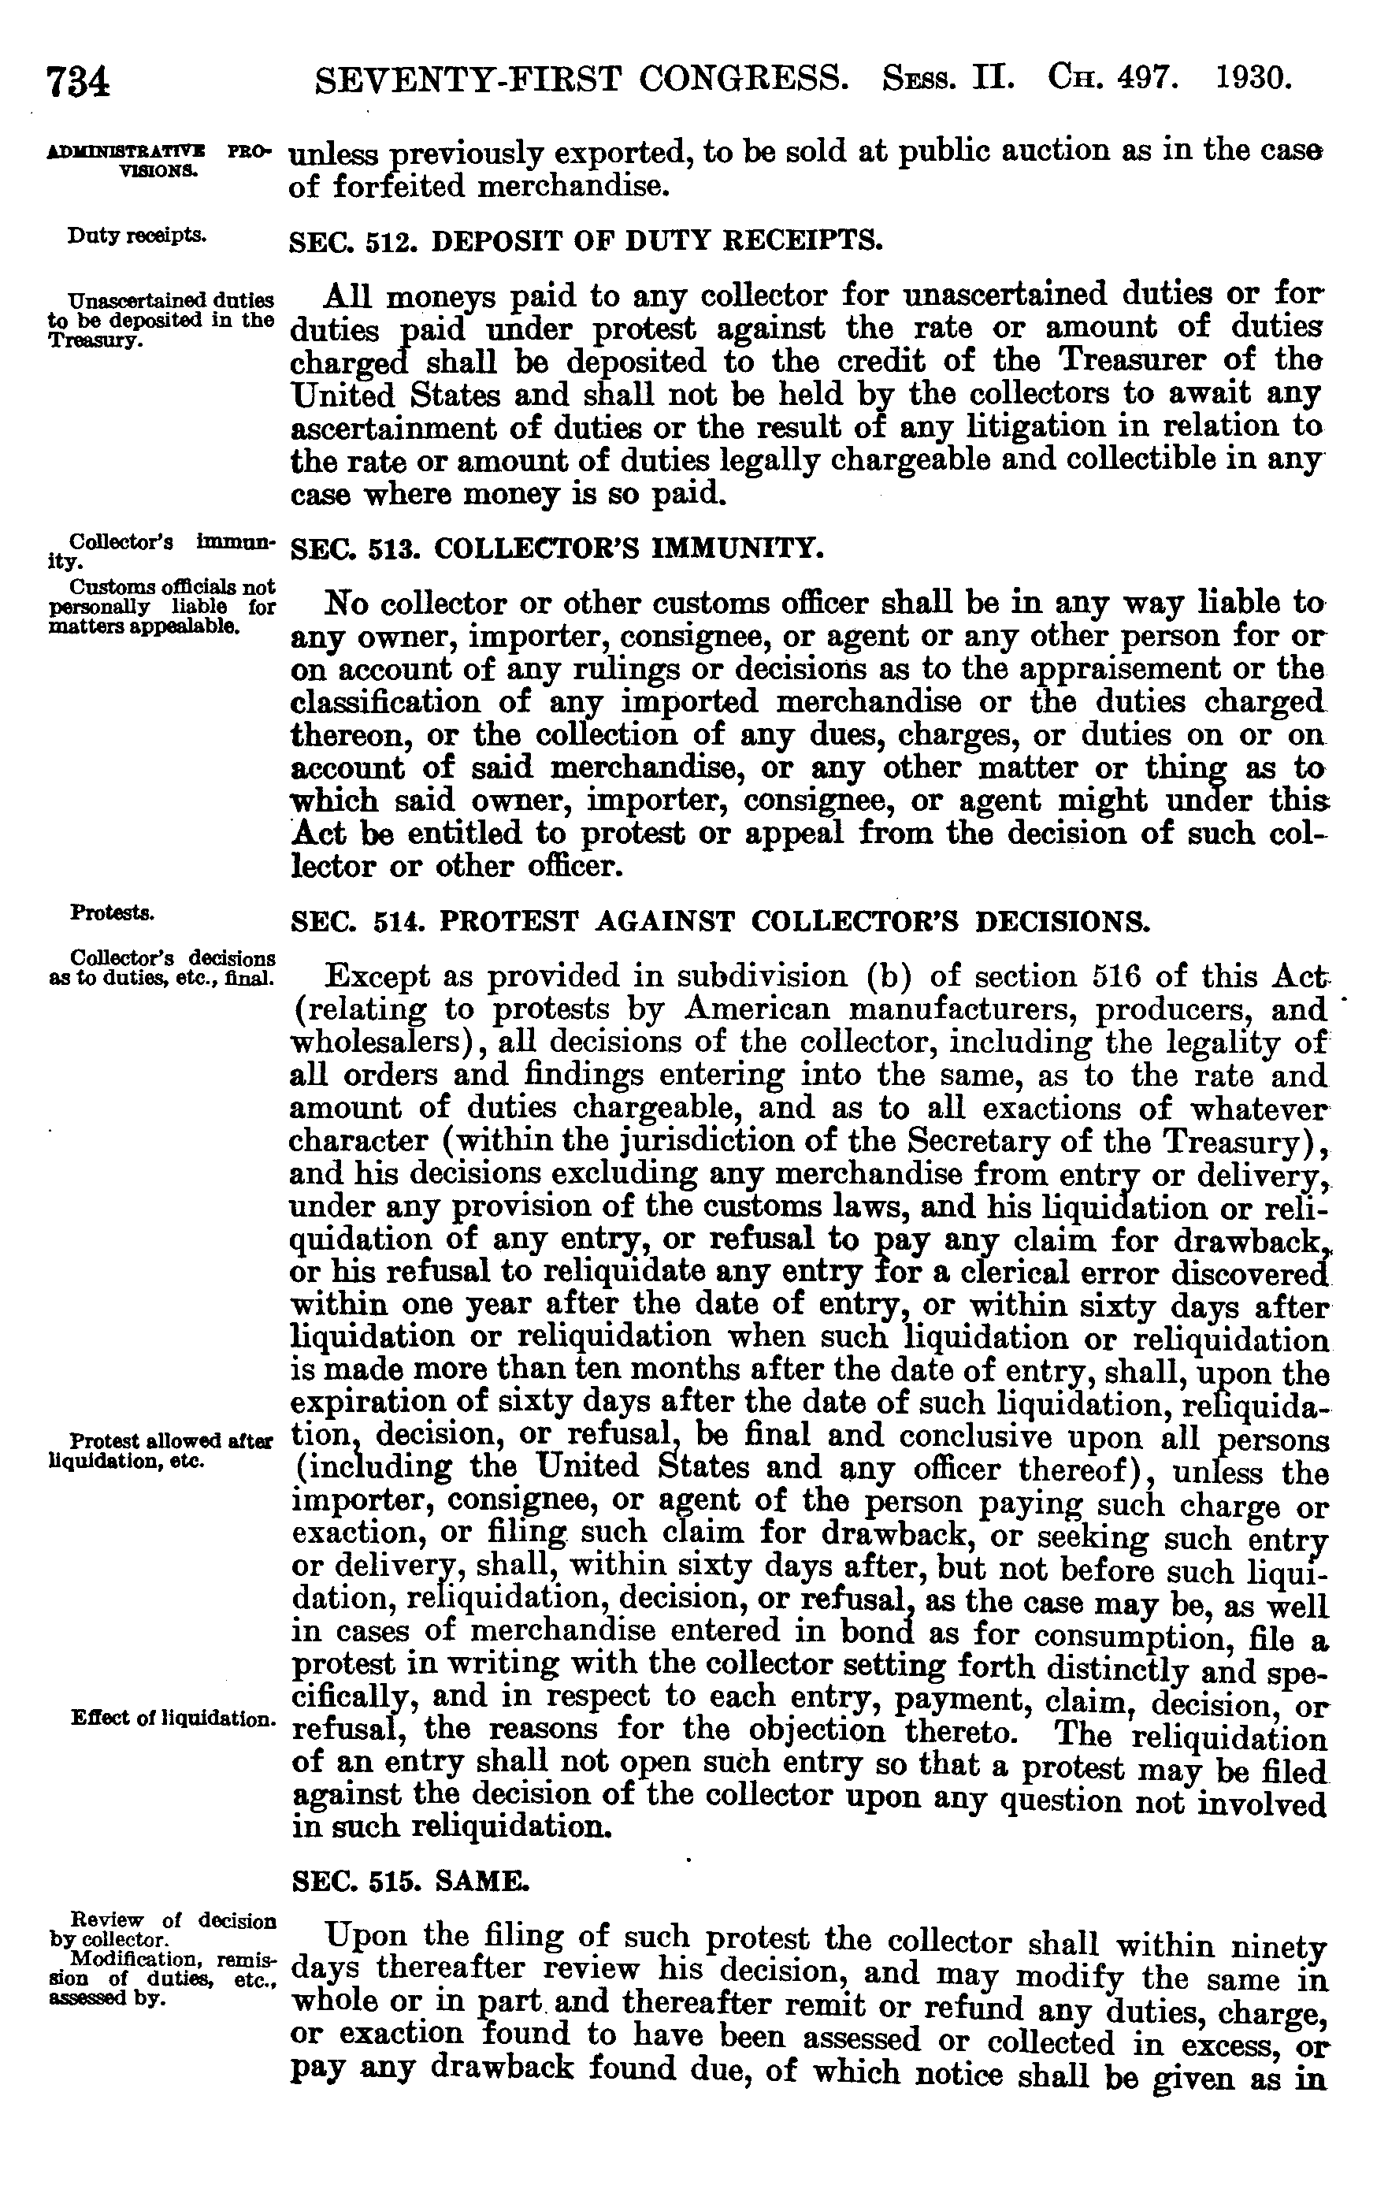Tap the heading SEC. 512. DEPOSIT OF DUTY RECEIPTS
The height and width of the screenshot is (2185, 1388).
pyautogui.click(x=585, y=241)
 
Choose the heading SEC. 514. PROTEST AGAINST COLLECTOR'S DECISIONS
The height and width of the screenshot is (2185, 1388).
pyautogui.click(x=719, y=922)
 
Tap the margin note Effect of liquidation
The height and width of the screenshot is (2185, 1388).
pyautogui.click(x=173, y=1719)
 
